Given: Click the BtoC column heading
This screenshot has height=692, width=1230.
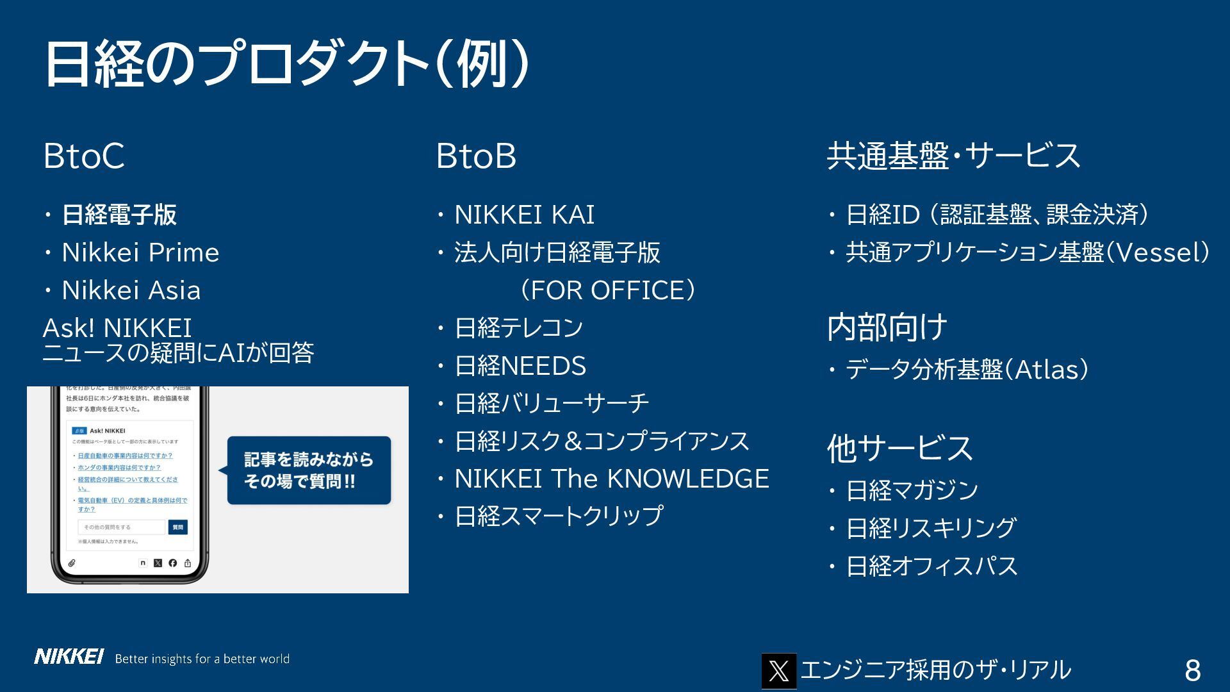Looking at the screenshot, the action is coord(84,156).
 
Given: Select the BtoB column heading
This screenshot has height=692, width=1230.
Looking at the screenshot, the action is coord(476,156).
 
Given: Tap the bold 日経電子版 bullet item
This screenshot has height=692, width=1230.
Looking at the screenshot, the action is coord(119,215).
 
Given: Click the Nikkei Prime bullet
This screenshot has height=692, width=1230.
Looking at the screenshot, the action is coord(140,252).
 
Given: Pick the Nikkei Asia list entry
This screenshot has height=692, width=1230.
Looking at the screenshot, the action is coord(131,290).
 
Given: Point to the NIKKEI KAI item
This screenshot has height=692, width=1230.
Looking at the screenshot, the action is coord(524,215).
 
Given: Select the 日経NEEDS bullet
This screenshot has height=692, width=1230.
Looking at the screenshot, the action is coord(520,366).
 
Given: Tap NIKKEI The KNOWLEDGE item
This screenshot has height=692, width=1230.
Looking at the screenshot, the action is coord(611,479).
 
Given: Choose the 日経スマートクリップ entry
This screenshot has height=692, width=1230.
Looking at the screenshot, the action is coord(558,516).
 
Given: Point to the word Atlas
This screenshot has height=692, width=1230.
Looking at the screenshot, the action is coord(1045,370).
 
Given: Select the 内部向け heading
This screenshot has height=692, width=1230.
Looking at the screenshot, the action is coord(887,327).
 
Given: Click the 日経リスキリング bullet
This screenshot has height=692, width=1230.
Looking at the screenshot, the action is coord(931,528).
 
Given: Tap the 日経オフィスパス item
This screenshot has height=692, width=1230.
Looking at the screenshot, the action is coord(931,566).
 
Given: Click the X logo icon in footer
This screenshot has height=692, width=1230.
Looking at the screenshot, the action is coord(778,671).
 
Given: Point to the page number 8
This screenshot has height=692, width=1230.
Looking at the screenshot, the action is coord(1192,670).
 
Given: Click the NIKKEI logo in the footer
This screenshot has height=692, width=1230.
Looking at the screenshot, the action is coord(69,657).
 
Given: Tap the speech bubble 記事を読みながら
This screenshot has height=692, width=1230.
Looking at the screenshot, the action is coord(309,470).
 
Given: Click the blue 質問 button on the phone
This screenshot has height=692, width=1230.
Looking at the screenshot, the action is coord(177,527).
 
